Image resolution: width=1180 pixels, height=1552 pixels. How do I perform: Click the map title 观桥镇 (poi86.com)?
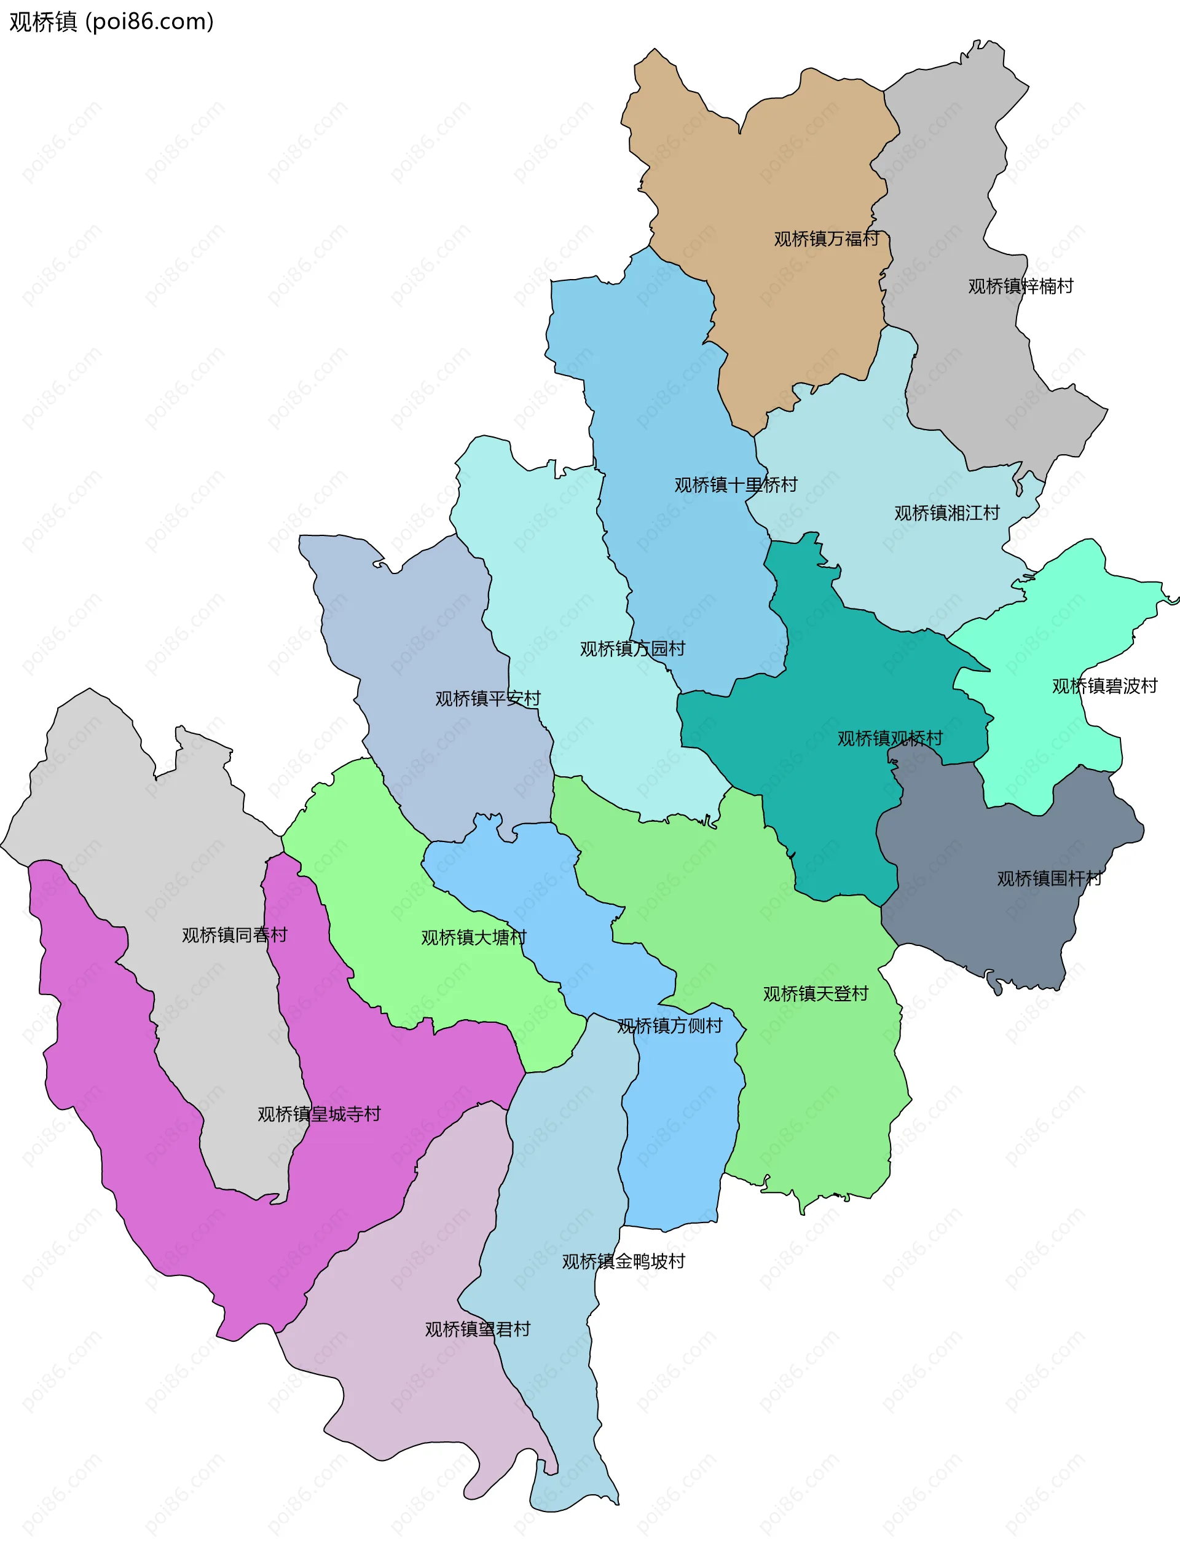tap(111, 22)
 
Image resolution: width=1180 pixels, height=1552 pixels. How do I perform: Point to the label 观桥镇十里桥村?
tap(736, 485)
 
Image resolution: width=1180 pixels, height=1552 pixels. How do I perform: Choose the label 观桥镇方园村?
tap(632, 649)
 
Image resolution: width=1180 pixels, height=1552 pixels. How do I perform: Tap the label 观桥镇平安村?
tap(487, 699)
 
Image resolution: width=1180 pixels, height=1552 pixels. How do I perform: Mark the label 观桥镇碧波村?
tap(1104, 686)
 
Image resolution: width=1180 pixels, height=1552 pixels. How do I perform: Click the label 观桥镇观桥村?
tap(889, 739)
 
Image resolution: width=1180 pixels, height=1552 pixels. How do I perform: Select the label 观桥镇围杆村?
tap(1049, 879)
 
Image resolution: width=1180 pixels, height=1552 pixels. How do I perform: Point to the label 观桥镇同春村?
tap(235, 936)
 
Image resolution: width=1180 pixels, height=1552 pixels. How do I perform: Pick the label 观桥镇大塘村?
tap(473, 938)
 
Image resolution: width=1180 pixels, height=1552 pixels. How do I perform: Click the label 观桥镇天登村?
tap(816, 995)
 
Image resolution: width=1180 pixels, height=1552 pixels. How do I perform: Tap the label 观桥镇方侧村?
tap(669, 1026)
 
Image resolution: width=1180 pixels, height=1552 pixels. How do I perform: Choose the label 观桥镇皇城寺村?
tap(319, 1114)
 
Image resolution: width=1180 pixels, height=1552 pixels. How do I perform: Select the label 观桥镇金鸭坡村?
tap(623, 1262)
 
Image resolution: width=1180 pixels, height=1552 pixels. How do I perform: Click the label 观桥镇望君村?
tap(478, 1329)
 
